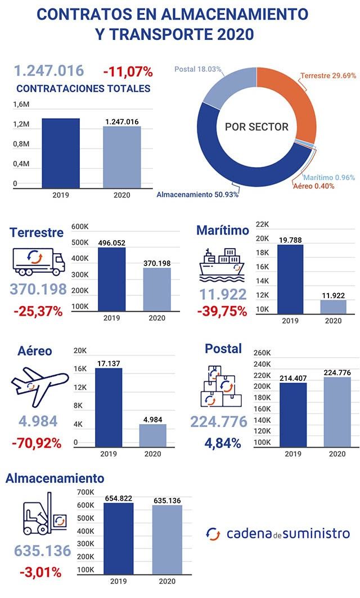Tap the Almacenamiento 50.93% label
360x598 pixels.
click(x=197, y=195)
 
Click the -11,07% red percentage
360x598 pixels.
click(x=128, y=71)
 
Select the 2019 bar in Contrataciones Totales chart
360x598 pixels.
click(x=60, y=152)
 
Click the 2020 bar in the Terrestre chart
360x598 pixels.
click(x=157, y=289)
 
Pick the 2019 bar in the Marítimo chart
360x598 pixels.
click(x=290, y=278)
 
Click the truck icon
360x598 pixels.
click(x=35, y=262)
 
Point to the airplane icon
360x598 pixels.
click(x=35, y=385)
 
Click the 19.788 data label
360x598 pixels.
click(x=290, y=240)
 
